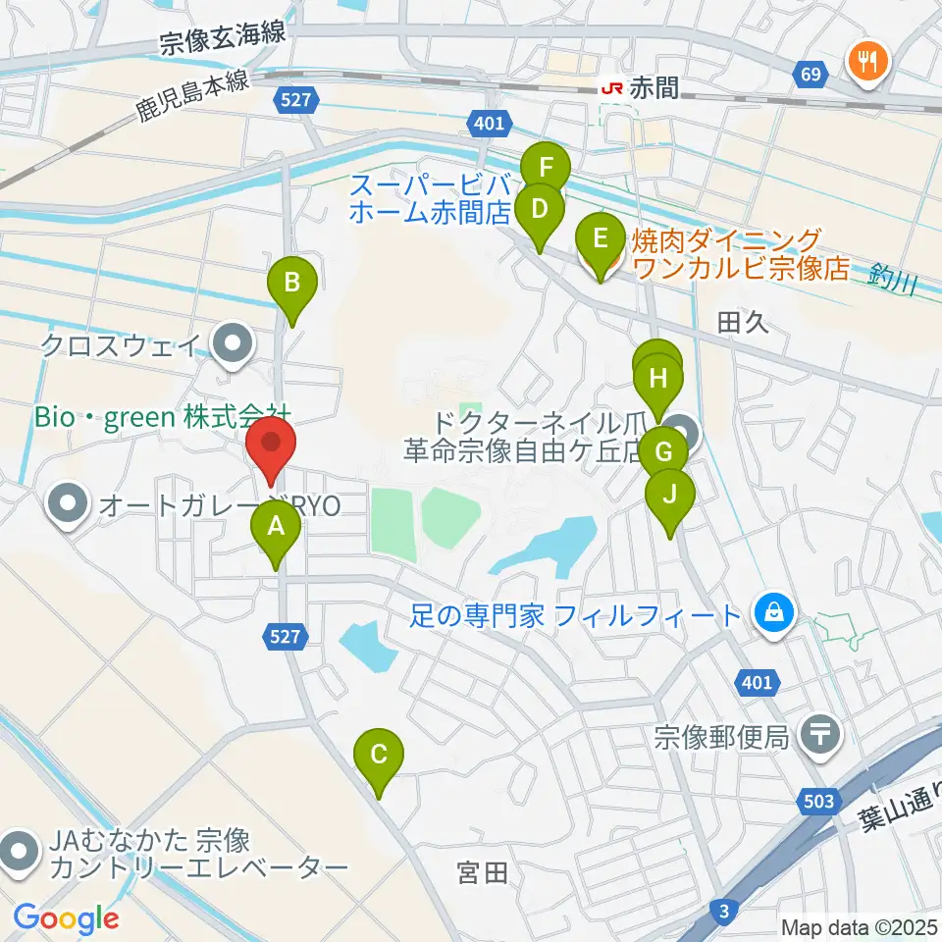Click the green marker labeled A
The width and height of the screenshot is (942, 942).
[x=276, y=531]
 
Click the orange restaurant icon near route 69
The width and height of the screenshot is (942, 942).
[x=867, y=61]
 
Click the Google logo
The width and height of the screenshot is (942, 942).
[x=66, y=918]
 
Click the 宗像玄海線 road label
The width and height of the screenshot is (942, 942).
[x=223, y=37]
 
